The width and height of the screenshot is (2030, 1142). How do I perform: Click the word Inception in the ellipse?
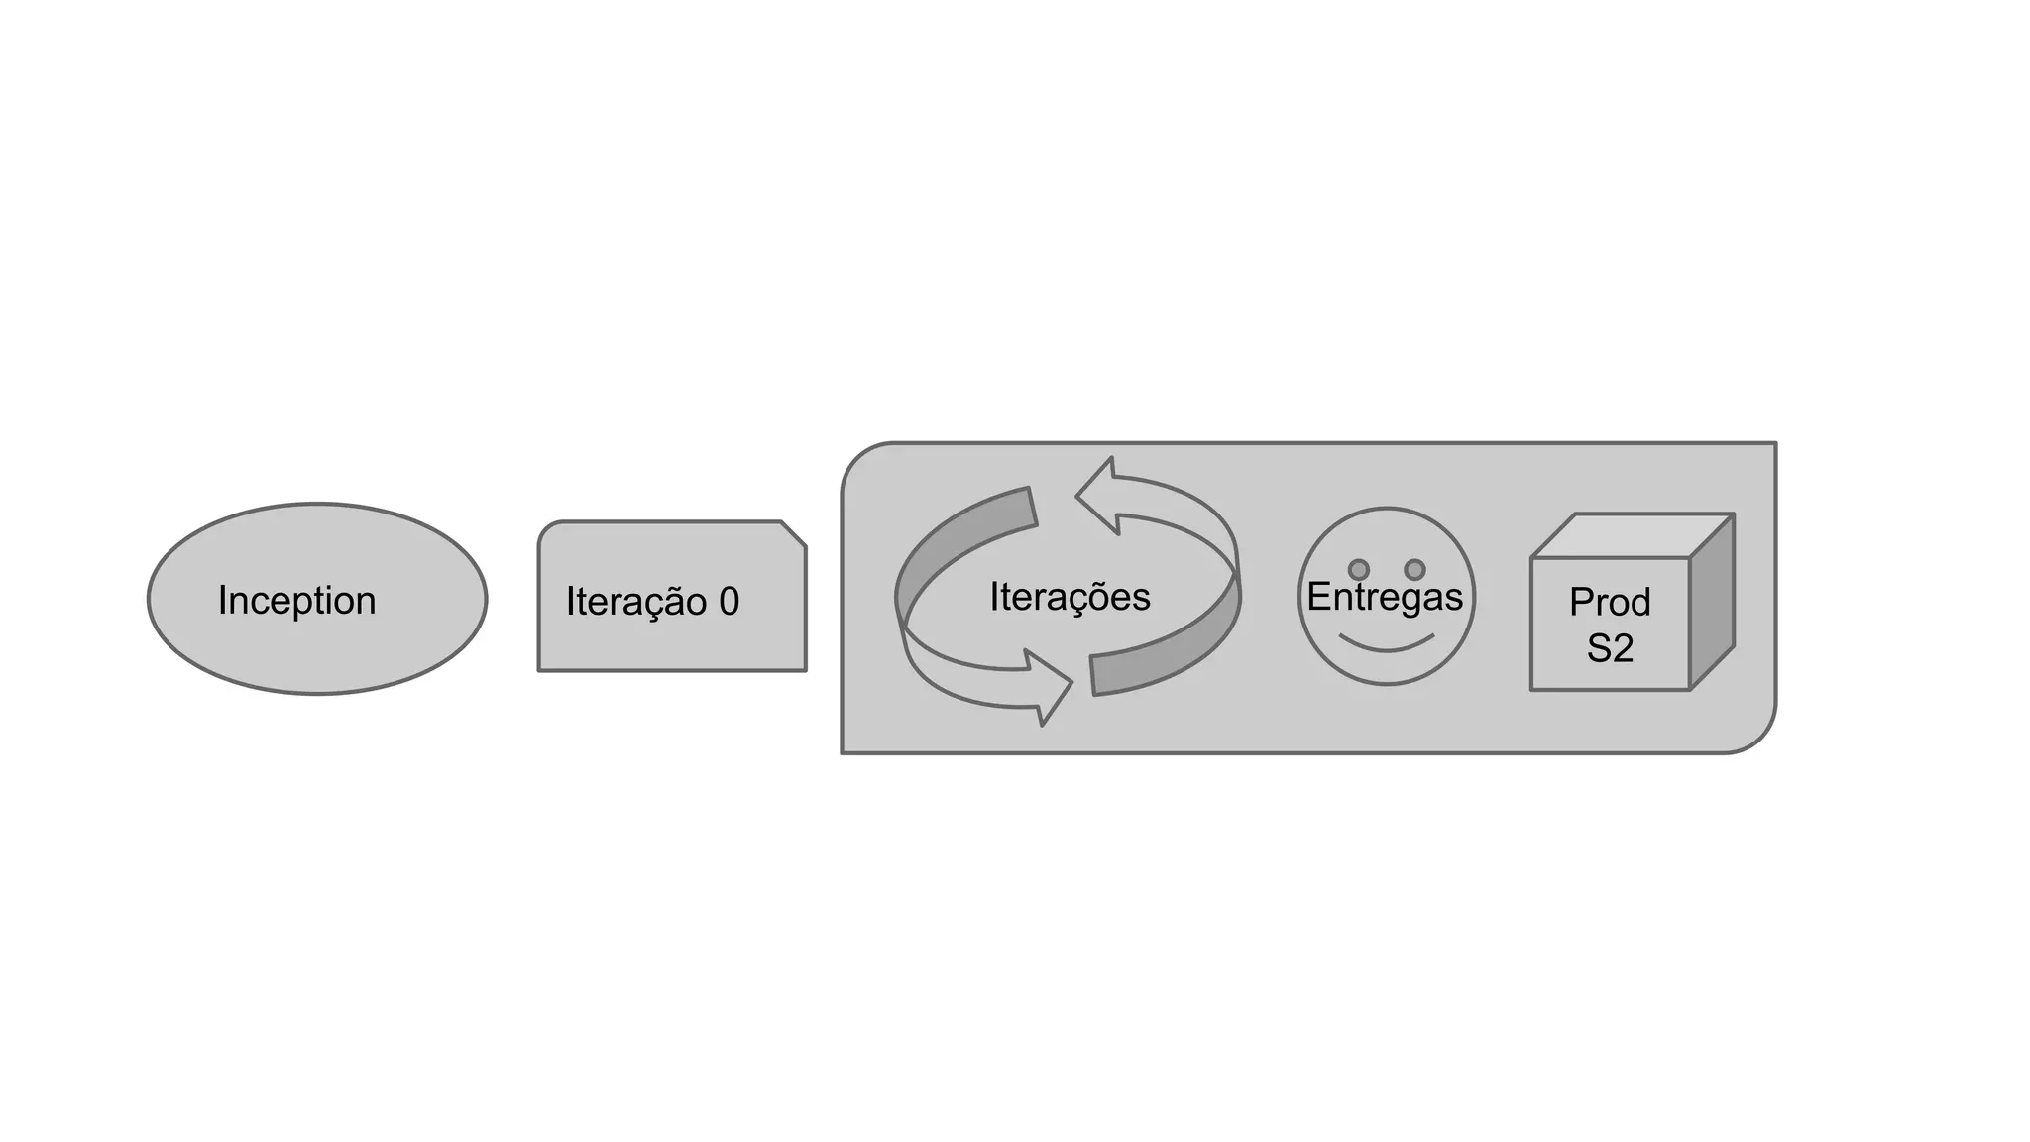click(x=296, y=601)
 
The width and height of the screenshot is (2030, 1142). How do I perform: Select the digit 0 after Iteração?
click(x=729, y=602)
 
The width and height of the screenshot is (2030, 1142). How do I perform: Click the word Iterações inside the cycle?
click(x=1070, y=597)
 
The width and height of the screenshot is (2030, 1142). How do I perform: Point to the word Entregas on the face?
click(x=1385, y=597)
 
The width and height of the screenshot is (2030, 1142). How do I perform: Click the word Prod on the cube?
click(x=1610, y=602)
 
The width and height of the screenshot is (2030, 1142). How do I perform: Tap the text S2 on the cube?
click(x=1610, y=648)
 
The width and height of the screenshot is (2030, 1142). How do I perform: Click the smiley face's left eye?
click(x=1359, y=569)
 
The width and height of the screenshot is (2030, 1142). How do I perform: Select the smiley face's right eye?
click(x=1415, y=569)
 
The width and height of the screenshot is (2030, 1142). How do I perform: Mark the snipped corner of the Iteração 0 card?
click(x=794, y=533)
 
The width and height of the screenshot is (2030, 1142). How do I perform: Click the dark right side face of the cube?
click(x=1712, y=602)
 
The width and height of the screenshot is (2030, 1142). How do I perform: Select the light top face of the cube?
click(x=1634, y=535)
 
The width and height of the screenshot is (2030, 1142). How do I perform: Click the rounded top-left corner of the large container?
click(x=860, y=461)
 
